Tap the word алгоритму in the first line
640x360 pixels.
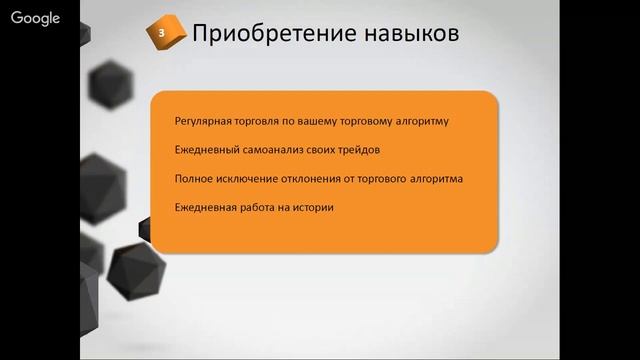421,122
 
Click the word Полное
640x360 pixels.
190,179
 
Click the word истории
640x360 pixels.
312,208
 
